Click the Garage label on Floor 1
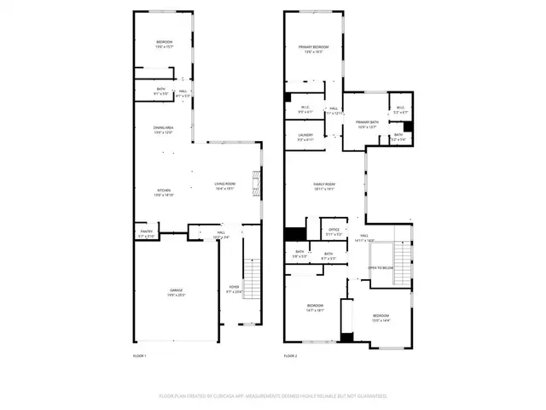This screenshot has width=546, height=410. click(177, 290)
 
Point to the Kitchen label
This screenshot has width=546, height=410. click(163, 190)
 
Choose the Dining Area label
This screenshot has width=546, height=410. click(164, 128)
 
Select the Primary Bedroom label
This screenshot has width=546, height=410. click(314, 46)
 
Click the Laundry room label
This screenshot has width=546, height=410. click(305, 135)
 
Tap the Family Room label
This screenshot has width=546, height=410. click(324, 184)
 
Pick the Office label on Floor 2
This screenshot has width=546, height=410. click(334, 229)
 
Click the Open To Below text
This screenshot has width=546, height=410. click(380, 267)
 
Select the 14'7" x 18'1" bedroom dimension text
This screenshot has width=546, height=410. click(315, 310)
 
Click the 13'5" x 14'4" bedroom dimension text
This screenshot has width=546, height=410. click(380, 320)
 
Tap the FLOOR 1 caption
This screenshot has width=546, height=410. click(140, 354)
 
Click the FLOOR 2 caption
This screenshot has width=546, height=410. click(291, 354)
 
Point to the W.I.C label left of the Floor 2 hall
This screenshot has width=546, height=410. click(305, 108)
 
